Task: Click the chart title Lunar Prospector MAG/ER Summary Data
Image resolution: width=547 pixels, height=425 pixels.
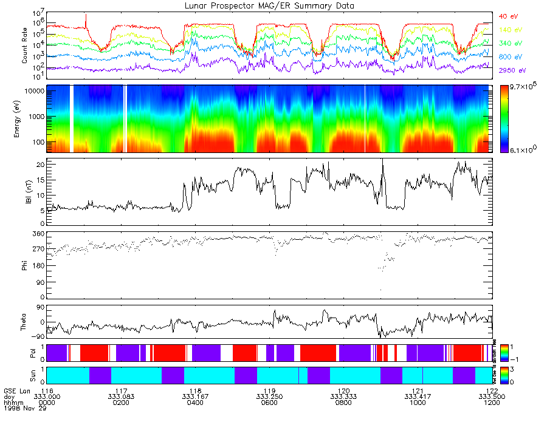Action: click(x=269, y=5)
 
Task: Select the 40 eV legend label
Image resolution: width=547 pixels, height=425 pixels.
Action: click(x=508, y=16)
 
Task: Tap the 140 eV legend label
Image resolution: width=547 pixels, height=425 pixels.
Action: click(x=509, y=30)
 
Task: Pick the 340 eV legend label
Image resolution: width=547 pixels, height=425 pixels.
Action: click(x=509, y=44)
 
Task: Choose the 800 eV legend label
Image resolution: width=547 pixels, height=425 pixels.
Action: click(x=509, y=57)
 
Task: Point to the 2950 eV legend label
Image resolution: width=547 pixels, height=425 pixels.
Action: click(x=511, y=71)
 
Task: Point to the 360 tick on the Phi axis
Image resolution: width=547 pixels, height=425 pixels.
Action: click(x=38, y=234)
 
